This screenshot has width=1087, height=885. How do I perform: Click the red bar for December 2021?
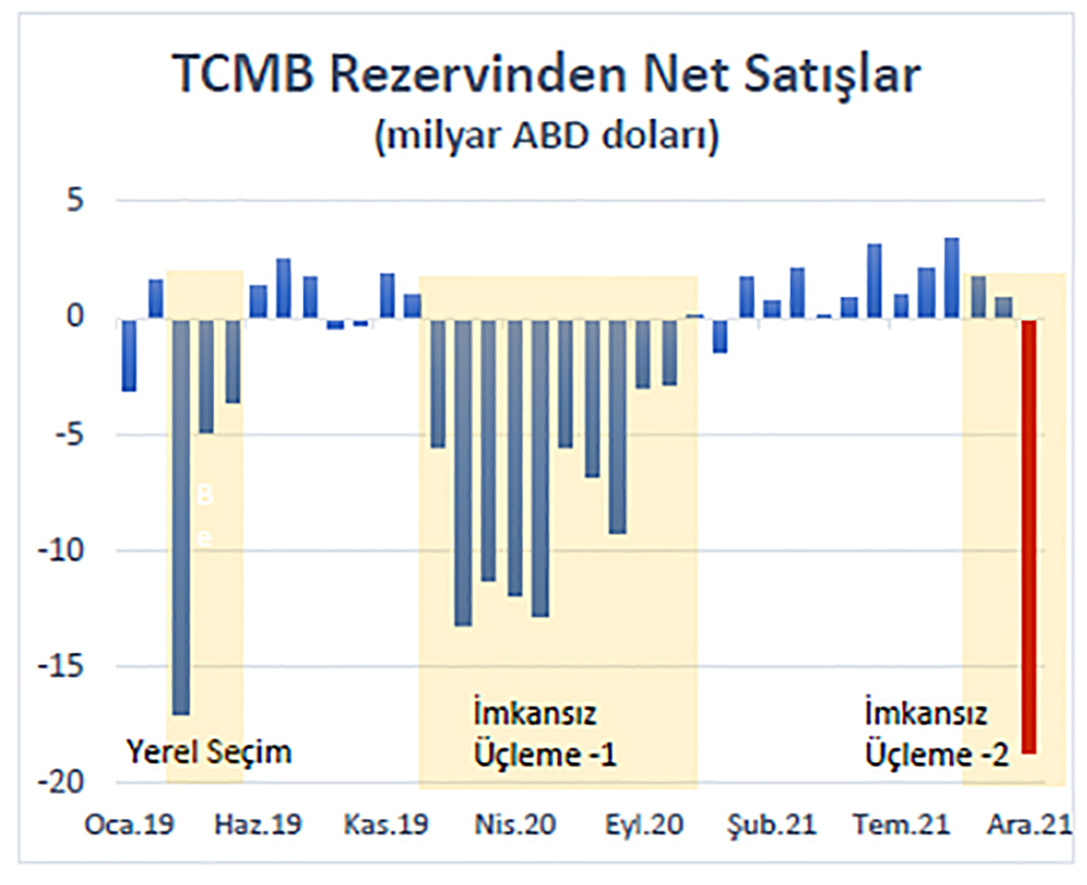[x=1028, y=535]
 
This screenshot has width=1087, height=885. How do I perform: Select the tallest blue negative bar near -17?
[x=181, y=516]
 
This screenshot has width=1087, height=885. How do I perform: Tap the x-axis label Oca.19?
[x=129, y=824]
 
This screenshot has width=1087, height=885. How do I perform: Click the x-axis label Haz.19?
[x=258, y=824]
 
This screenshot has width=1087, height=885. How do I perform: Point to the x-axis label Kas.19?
[x=386, y=824]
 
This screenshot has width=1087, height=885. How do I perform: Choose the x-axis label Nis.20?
[x=515, y=824]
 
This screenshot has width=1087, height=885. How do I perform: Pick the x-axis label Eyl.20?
[x=644, y=824]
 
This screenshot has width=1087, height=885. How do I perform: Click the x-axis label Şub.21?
[x=771, y=824]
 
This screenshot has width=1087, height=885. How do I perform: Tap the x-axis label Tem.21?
[x=901, y=824]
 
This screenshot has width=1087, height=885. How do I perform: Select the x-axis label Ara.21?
[x=1029, y=824]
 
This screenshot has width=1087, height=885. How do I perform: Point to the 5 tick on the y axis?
[x=76, y=200]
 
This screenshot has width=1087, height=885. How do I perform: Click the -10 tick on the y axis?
[x=61, y=550]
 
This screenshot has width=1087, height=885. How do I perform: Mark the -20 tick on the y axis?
[x=61, y=782]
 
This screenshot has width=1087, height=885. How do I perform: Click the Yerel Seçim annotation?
[x=209, y=752]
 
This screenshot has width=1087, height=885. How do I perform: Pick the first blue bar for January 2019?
[x=129, y=355]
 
